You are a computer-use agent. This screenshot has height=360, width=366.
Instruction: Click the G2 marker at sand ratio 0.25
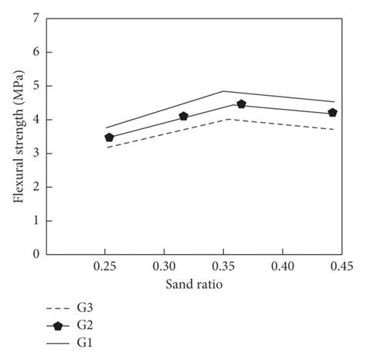[x=109, y=138]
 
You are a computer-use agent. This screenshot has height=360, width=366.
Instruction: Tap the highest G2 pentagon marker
[x=242, y=104]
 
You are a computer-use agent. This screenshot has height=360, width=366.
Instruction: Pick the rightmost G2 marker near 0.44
[x=333, y=113]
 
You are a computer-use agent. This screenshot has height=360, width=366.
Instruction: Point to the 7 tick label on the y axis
[x=36, y=19]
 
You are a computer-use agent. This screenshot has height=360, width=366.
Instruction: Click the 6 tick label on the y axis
[x=36, y=53]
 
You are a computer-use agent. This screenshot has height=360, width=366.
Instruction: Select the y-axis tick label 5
[x=36, y=86]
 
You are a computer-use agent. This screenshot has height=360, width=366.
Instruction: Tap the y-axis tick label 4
[x=36, y=120]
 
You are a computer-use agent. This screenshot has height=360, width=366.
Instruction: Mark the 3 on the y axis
[x=36, y=153]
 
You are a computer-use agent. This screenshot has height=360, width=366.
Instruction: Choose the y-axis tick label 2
[x=36, y=187]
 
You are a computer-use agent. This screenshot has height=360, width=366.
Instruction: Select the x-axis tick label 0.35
[x=224, y=266]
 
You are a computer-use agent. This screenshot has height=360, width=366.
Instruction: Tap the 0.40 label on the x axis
[x=283, y=266]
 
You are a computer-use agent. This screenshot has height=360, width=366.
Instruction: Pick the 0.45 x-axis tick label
[x=341, y=266]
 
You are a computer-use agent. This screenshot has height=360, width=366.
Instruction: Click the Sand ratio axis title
[x=194, y=284]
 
